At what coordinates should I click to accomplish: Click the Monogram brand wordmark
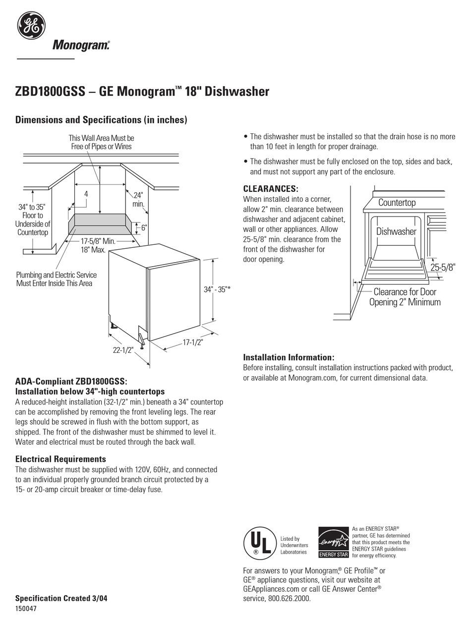81,46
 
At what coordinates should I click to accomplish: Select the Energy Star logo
333,542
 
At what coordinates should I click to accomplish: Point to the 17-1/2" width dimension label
193,342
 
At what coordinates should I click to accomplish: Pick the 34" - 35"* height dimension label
217,289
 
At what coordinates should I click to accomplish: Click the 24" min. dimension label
138,200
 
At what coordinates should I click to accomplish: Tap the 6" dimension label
144,227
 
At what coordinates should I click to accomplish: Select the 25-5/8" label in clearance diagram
442,267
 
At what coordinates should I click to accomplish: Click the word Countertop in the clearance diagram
397,202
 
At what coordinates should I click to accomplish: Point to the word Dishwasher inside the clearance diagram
396,231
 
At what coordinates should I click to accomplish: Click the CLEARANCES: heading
271,189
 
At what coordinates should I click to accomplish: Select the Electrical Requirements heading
60,459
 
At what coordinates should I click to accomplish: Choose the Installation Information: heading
289,357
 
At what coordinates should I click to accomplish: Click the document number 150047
26,609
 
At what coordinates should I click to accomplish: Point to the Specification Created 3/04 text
61,598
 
